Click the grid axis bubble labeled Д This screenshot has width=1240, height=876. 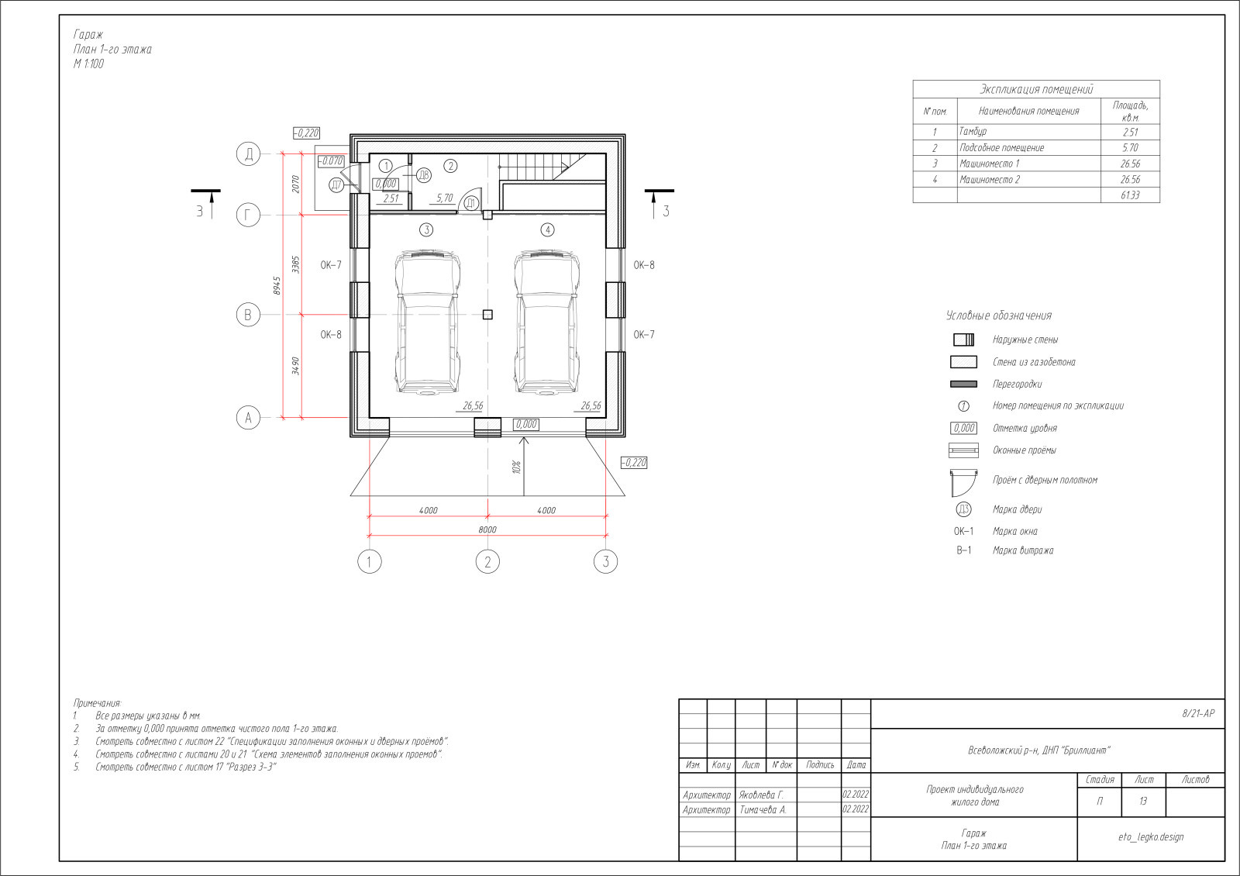click(248, 154)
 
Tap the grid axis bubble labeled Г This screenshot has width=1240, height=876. click(248, 215)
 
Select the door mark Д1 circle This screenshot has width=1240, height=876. click(470, 203)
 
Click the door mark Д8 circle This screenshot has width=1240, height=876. click(423, 175)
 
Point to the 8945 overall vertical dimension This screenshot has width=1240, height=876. click(277, 286)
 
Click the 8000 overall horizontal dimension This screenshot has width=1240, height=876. click(487, 530)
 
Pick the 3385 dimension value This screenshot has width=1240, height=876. click(295, 264)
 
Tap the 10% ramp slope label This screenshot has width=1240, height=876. click(516, 467)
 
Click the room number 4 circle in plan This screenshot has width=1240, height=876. click(547, 229)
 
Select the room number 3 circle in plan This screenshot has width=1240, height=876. click(425, 229)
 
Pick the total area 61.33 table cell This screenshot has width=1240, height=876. click(1130, 195)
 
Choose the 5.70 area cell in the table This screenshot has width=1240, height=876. click(1130, 148)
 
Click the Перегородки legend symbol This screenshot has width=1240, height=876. click(963, 384)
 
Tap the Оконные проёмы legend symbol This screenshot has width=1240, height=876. click(963, 450)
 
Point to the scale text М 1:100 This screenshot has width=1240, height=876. click(88, 64)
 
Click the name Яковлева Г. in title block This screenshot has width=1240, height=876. click(761, 795)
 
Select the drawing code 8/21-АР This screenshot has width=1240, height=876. click(1198, 714)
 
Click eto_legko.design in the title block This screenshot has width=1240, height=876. click(1151, 836)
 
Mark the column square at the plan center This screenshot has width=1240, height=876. click(487, 315)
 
